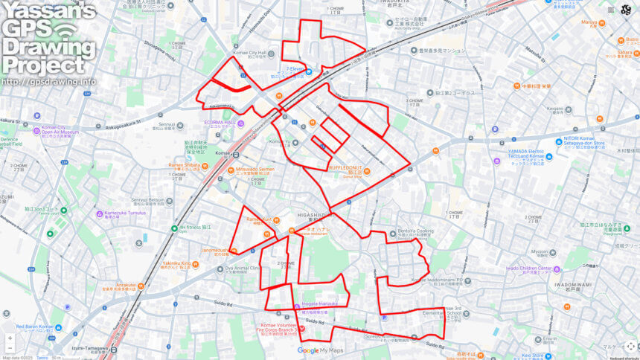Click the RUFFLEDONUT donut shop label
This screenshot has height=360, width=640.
[x=346, y=169]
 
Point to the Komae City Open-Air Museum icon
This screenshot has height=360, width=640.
[x=35, y=128]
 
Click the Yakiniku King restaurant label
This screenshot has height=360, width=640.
[x=177, y=263]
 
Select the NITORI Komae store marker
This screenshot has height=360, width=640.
[x=558, y=141]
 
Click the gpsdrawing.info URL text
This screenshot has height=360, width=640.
[x=48, y=81]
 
